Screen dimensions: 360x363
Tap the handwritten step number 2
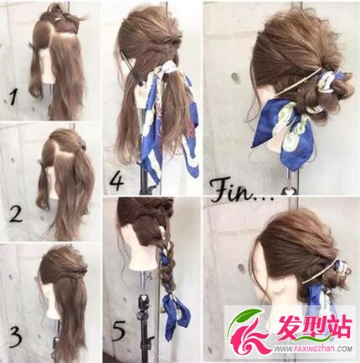15,214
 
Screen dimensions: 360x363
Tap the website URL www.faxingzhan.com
313,349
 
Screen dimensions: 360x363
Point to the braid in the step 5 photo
167,257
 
